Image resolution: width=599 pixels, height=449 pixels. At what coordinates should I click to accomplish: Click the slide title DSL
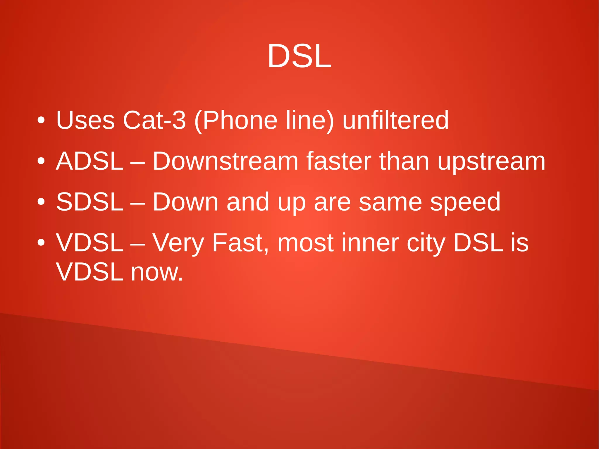[299, 56]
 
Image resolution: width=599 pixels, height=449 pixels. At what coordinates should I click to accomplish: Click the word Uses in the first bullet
[85, 120]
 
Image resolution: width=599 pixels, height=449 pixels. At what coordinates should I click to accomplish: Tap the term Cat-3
[154, 120]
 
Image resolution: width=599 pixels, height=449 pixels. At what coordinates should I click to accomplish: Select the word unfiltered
[395, 120]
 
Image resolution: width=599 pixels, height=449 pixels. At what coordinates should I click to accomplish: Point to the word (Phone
[235, 121]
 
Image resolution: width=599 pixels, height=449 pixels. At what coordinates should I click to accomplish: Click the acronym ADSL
[89, 161]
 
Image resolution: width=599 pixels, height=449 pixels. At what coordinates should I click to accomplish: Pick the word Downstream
[225, 161]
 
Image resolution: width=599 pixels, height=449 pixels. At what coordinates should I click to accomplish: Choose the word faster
[339, 161]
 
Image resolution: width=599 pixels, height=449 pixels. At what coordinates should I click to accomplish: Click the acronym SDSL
[89, 202]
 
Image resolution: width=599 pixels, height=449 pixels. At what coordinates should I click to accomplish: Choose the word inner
[370, 243]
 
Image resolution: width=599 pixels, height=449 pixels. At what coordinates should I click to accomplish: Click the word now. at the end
[157, 272]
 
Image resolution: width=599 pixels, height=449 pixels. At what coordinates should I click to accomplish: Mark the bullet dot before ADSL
[41, 161]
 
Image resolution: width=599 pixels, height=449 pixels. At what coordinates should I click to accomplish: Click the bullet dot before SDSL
[41, 202]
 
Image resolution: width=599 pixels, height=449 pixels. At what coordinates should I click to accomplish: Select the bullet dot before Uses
[41, 120]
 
